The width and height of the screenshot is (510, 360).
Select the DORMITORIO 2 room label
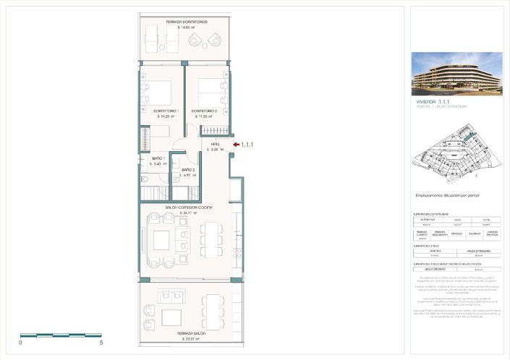click(x=209, y=111)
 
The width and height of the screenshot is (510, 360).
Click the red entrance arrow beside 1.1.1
click(x=236, y=145)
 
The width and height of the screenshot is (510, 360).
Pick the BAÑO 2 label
click(x=188, y=170)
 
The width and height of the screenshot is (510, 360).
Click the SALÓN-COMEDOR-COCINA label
click(x=188, y=207)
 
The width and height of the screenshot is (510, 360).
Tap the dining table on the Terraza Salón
click(x=215, y=311)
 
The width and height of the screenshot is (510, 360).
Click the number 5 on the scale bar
click(x=101, y=343)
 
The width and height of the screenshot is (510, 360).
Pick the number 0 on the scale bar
click(x=20, y=343)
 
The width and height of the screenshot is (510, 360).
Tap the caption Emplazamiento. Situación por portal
click(x=447, y=195)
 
